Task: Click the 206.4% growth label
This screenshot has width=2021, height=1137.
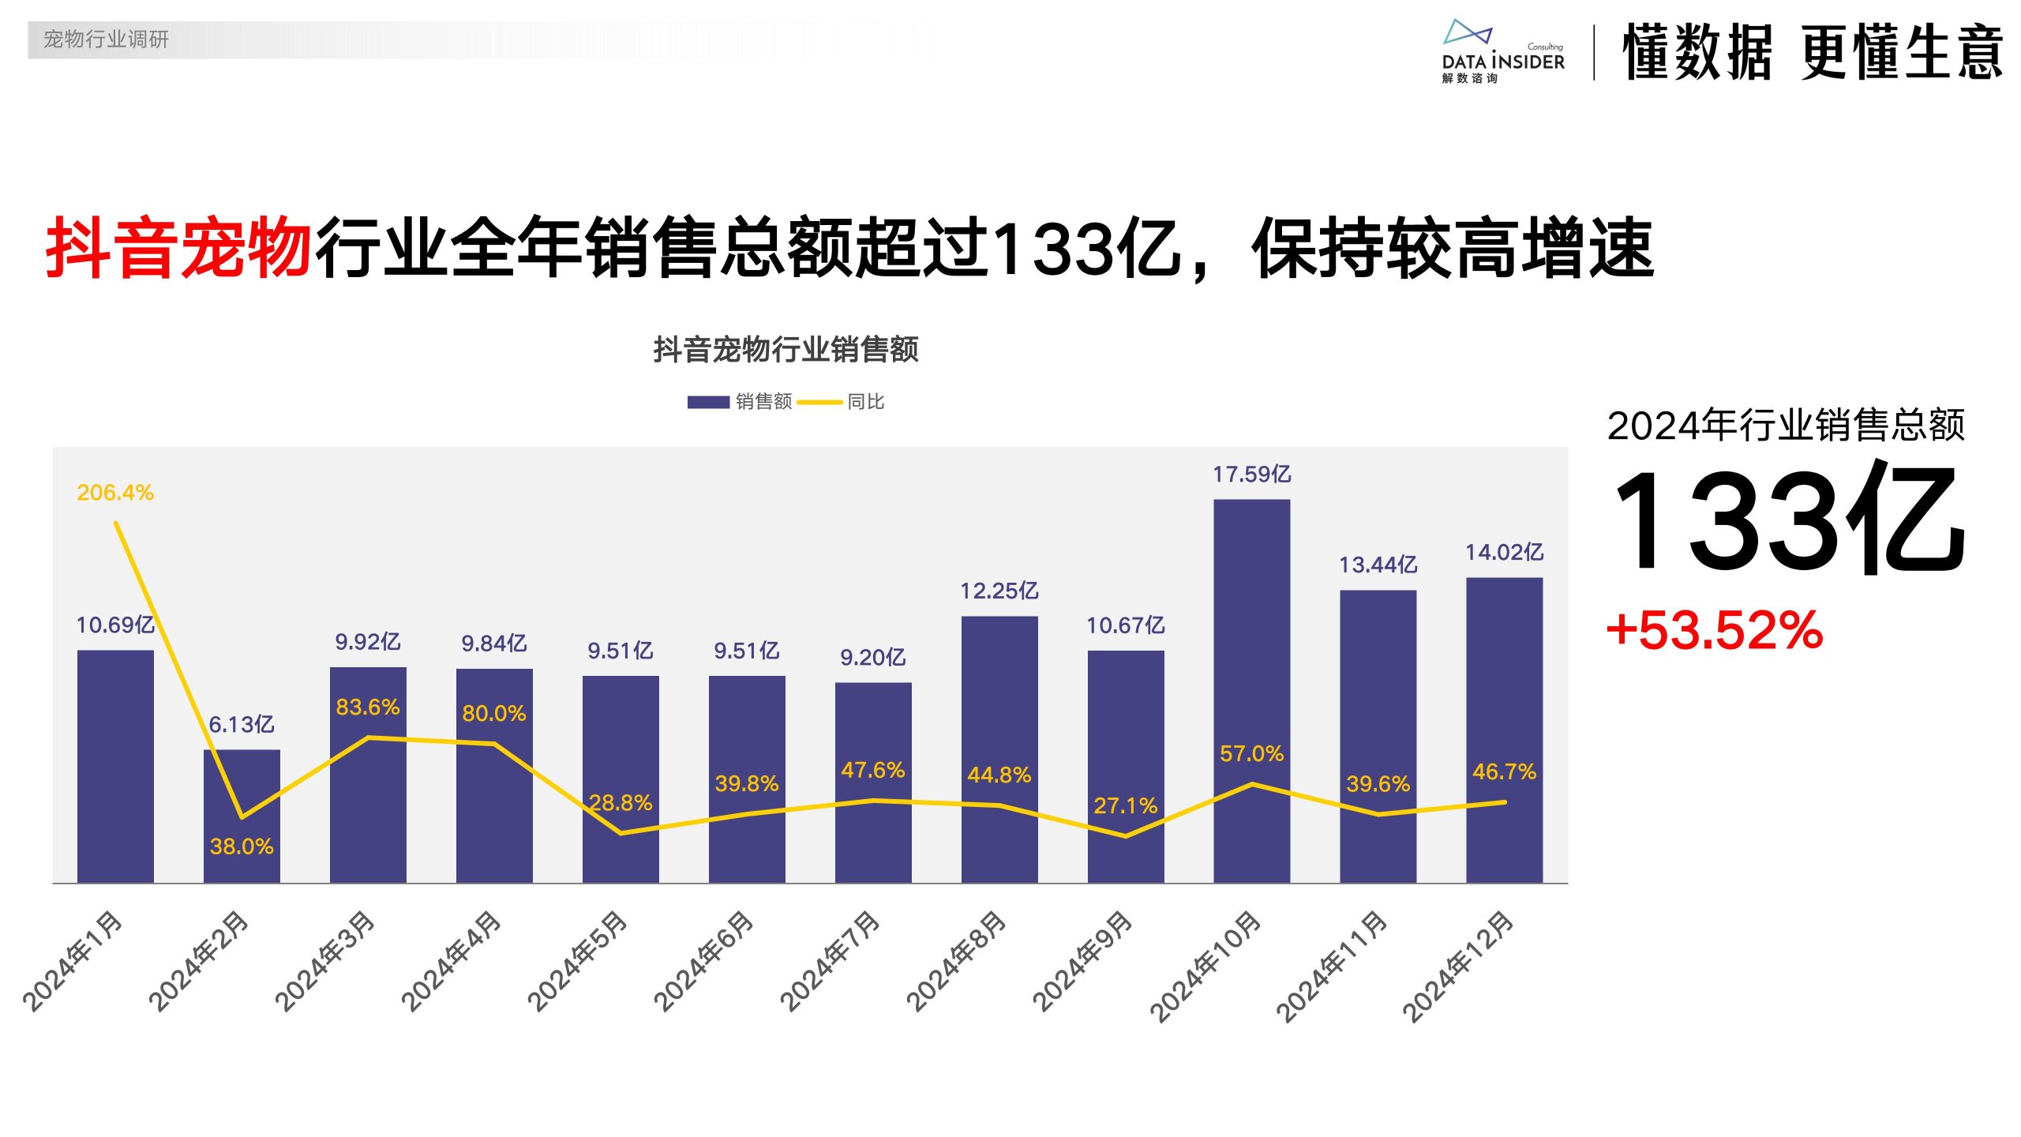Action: point(115,493)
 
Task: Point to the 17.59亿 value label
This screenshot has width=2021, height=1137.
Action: point(1251,475)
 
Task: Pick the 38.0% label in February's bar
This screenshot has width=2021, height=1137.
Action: point(242,846)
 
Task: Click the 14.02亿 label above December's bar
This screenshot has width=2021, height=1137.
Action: point(1504,552)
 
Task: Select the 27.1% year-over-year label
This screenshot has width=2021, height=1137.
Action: point(1125,805)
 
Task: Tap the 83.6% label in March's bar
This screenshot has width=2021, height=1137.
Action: point(368,707)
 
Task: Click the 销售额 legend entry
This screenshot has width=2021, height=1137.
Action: point(741,402)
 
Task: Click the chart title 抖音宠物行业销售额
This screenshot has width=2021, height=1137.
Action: point(786,350)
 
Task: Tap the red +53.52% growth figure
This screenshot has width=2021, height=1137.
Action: point(1715,631)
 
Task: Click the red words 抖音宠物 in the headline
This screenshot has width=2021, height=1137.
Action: point(178,249)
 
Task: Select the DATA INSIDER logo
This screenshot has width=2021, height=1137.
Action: point(1502,52)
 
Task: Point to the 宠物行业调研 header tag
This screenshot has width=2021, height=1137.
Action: point(106,39)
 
